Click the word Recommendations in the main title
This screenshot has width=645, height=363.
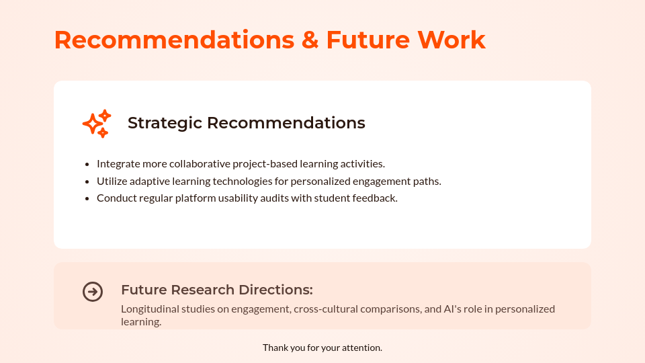(174, 40)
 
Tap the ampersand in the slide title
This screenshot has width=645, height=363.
(310, 40)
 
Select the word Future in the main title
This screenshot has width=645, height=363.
(367, 40)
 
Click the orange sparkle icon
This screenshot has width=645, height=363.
(97, 124)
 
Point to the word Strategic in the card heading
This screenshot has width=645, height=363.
(165, 123)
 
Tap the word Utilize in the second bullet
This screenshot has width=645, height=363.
(112, 181)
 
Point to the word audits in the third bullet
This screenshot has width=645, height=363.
(273, 198)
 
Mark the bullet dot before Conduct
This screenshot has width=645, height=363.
(87, 199)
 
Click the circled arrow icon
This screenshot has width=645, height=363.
(93, 292)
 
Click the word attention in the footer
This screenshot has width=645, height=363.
(363, 348)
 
